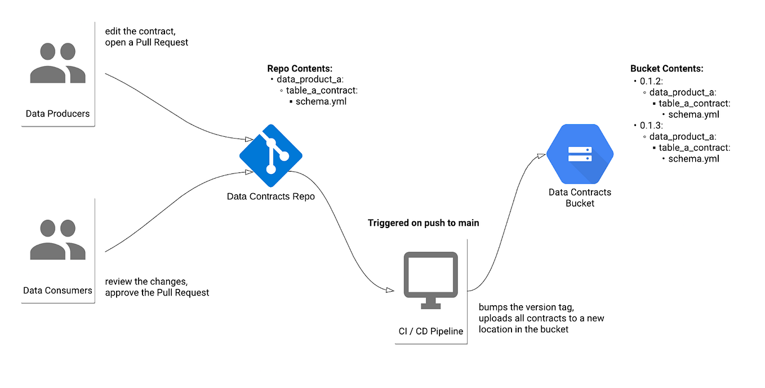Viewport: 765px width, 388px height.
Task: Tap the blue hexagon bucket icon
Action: [580, 154]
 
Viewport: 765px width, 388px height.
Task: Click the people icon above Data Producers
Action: [57, 63]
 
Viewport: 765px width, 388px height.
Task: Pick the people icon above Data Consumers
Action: [57, 239]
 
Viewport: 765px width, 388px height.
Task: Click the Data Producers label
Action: [57, 114]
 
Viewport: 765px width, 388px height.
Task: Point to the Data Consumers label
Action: [57, 291]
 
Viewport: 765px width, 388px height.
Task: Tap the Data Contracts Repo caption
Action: [270, 197]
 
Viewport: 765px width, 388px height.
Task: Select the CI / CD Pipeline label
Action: [430, 331]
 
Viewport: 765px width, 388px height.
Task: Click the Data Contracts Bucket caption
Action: [580, 198]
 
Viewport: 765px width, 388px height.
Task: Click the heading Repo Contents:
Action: [300, 69]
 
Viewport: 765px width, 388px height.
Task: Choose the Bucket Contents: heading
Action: [666, 69]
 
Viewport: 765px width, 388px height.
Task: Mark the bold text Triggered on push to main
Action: [423, 223]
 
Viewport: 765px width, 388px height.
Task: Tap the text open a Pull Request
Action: [146, 42]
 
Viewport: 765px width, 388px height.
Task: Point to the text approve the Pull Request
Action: [157, 292]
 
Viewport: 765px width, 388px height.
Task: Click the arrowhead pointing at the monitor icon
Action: [389, 290]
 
